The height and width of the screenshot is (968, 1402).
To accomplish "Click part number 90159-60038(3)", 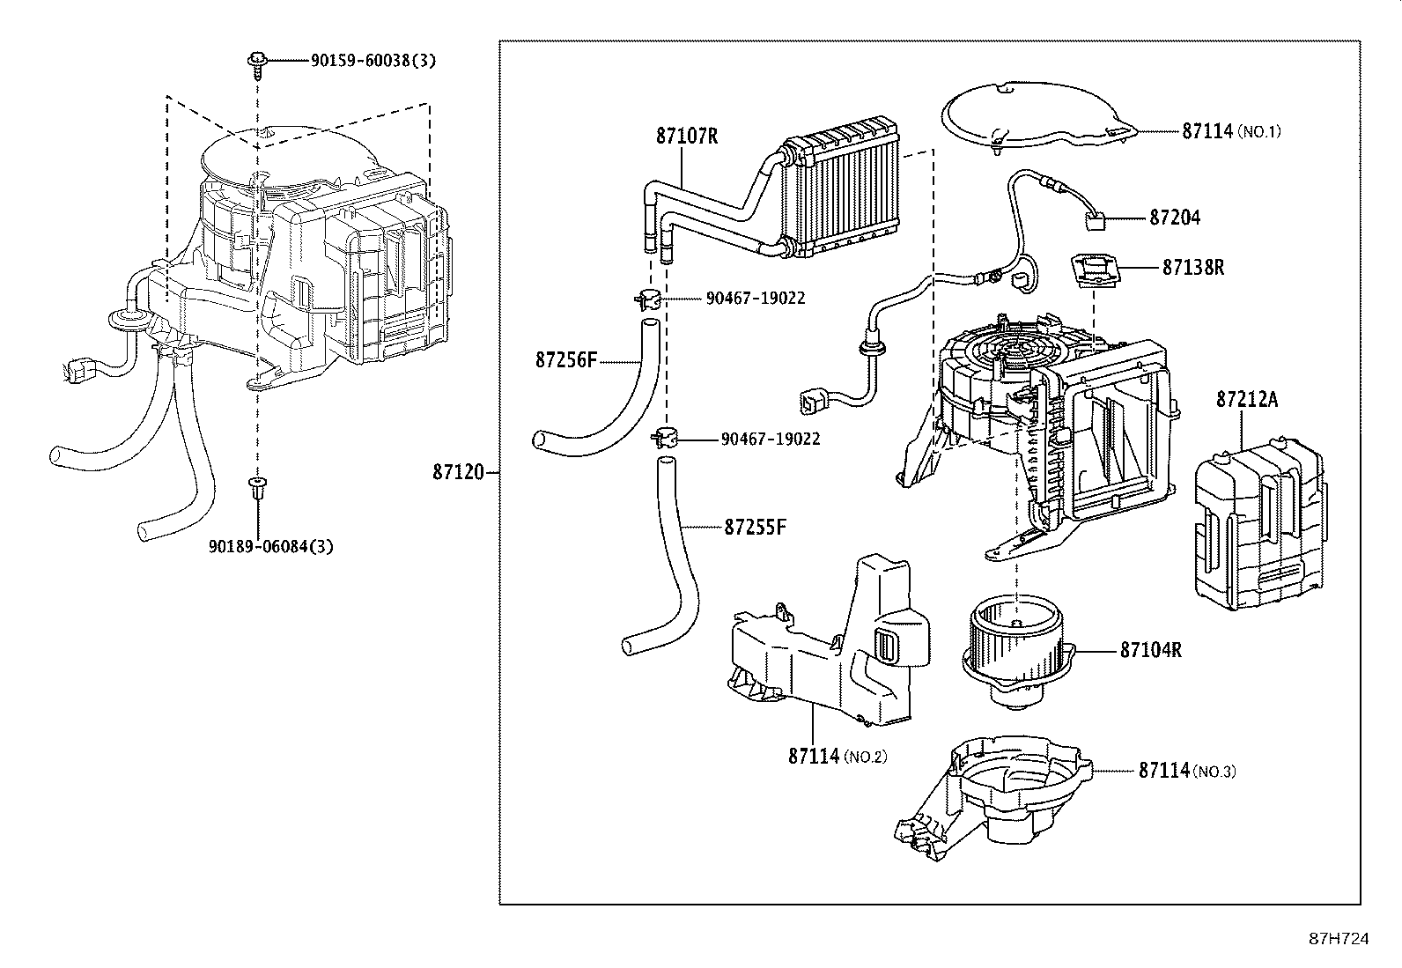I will [x=373, y=60].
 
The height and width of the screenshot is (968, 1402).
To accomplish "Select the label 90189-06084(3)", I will [x=271, y=546].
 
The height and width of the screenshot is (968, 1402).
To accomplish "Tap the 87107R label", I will [x=687, y=137].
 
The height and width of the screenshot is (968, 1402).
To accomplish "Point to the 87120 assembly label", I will [x=458, y=473].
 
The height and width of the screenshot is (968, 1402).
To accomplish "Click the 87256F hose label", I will [x=566, y=360].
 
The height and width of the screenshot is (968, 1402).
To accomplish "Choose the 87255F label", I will [x=755, y=527].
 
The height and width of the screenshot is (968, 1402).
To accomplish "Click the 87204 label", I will [x=1174, y=218].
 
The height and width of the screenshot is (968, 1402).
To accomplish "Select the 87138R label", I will [x=1192, y=267].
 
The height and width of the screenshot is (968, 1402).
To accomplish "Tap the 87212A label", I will [x=1246, y=400].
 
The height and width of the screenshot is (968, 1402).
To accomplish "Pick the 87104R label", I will [x=1150, y=651].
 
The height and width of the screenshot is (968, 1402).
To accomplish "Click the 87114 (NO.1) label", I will [x=1231, y=131].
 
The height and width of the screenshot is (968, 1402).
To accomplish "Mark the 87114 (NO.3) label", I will [x=1186, y=771].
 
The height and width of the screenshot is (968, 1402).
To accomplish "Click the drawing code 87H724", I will [x=1338, y=939].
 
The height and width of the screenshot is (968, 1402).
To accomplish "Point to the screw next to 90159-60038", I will [x=256, y=62].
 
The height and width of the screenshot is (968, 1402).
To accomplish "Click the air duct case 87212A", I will [x=1258, y=528].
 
